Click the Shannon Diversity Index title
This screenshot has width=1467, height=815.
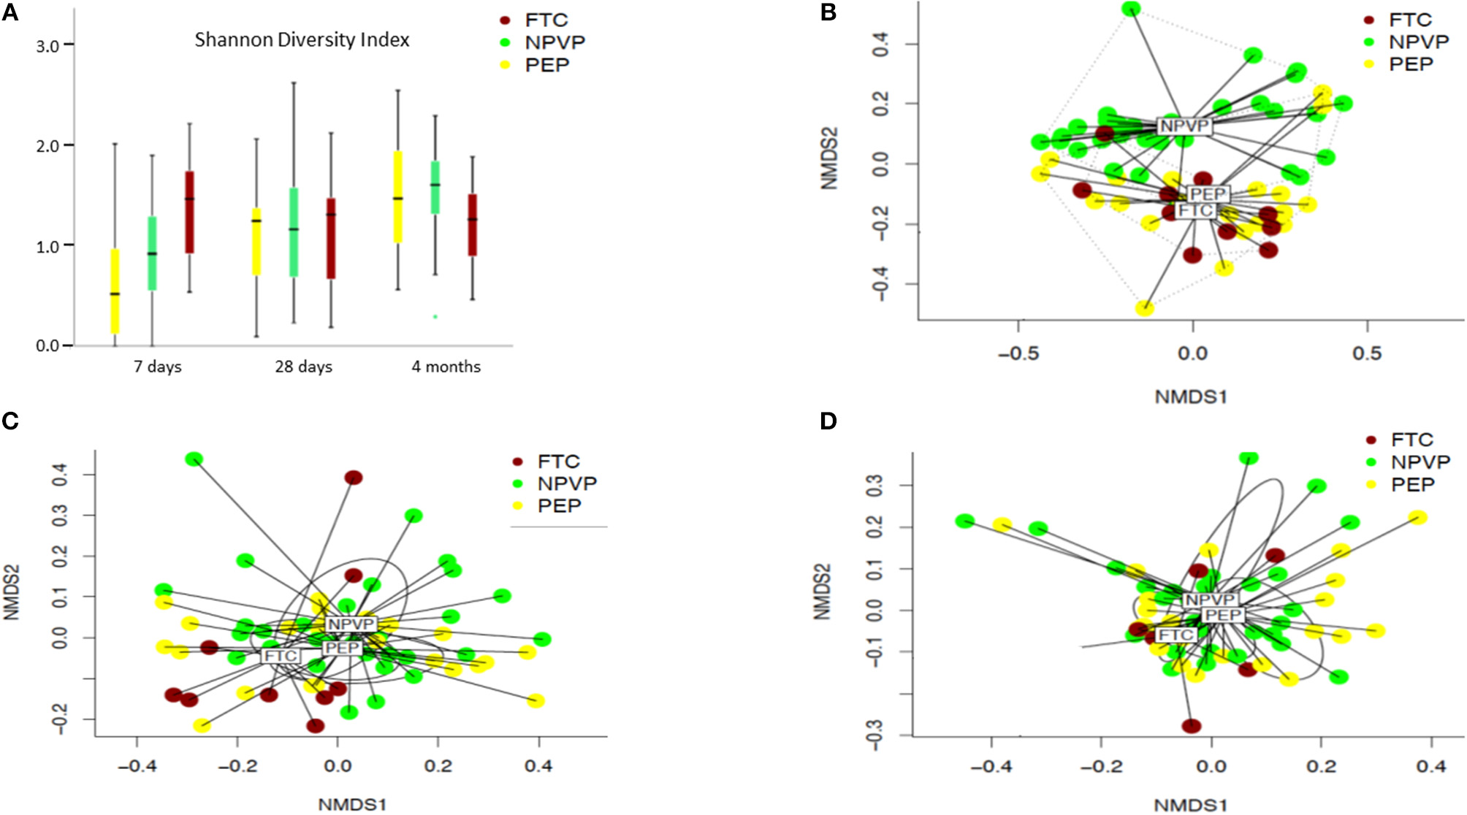coord(302,39)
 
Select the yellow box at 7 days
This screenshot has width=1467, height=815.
coord(115,291)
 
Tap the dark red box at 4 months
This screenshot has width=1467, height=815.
coord(473,224)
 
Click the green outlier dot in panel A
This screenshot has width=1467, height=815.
coord(435,316)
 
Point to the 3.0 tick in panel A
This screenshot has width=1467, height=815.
coord(48,46)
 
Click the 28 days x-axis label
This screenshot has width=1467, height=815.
coord(303,367)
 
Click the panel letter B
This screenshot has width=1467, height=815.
coord(828,12)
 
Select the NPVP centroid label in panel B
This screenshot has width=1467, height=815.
coord(1184,126)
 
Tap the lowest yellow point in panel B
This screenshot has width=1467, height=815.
coord(1145,308)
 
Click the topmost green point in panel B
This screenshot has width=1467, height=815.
coord(1131,9)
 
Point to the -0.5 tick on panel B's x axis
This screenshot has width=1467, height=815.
coord(1018,353)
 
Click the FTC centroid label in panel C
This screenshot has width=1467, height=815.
coord(281,656)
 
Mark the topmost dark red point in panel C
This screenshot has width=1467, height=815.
coord(354,478)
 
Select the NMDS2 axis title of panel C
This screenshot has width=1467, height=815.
coord(11,593)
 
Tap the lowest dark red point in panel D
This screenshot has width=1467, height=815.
coord(1192,726)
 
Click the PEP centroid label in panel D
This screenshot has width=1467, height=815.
coord(1223,615)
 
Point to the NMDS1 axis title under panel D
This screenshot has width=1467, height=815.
coord(1190,806)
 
